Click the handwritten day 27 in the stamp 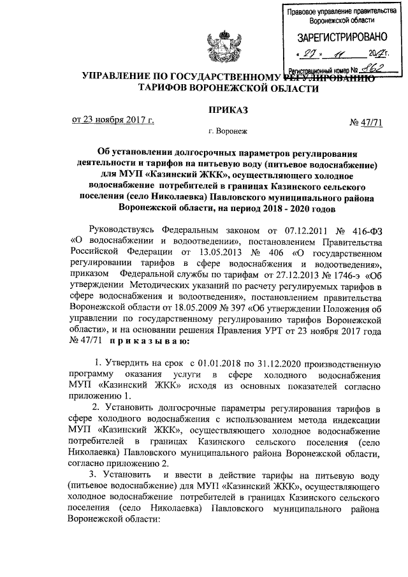(x=310, y=54)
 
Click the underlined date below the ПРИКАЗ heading (x=112, y=119)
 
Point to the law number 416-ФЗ (x=363, y=228)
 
